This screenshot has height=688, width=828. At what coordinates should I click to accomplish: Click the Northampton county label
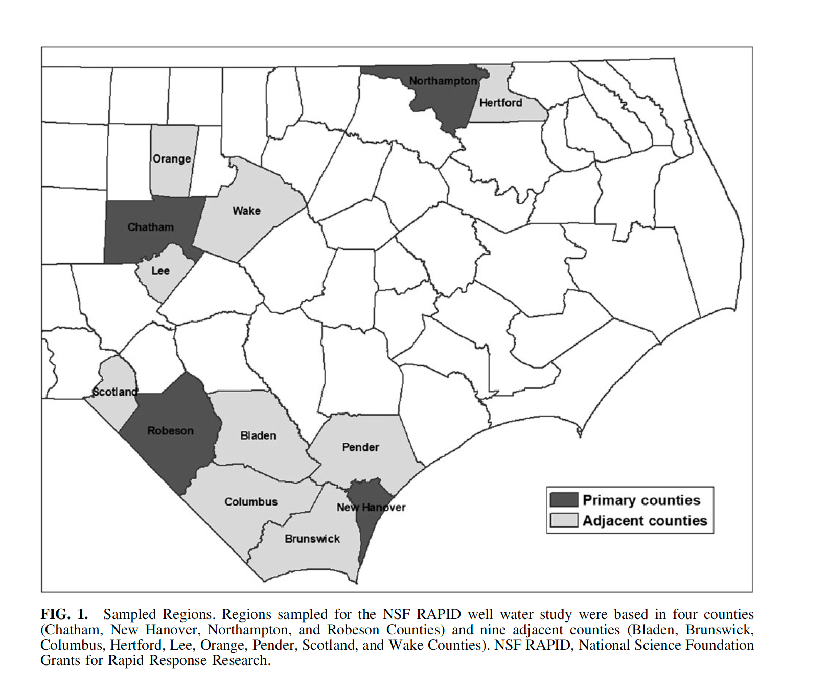(443, 81)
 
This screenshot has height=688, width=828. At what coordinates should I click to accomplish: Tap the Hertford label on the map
(500, 103)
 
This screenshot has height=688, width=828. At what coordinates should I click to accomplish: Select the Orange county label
(172, 159)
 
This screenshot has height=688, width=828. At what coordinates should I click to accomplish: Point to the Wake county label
(246, 211)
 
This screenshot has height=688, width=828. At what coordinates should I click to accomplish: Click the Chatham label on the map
(150, 227)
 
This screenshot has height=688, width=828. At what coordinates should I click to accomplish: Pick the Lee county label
(160, 271)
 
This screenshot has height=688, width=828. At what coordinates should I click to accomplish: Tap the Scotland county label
(115, 392)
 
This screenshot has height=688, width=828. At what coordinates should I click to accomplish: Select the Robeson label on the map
(170, 431)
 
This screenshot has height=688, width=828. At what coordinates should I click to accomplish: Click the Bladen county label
(258, 435)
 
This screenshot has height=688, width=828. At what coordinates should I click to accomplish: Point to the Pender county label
(360, 447)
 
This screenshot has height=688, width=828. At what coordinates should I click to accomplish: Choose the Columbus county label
(251, 502)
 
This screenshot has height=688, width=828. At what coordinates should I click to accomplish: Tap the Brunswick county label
(312, 539)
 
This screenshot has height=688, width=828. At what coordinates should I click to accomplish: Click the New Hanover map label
(371, 508)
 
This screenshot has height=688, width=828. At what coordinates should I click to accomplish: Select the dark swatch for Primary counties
(564, 499)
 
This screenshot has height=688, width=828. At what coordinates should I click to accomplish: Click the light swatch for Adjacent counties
(564, 520)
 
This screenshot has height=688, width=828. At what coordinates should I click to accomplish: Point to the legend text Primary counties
(641, 500)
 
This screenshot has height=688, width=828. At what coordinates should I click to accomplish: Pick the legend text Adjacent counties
(645, 520)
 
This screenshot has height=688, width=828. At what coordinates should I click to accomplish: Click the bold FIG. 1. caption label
(64, 614)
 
